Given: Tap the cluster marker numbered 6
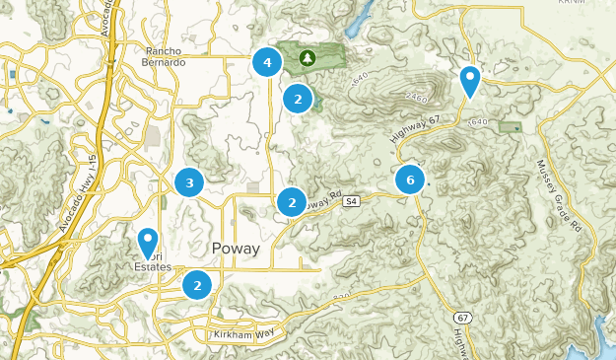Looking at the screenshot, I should (x=410, y=180).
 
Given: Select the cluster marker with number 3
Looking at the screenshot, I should (x=189, y=181).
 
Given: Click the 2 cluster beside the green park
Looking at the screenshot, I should (x=298, y=99).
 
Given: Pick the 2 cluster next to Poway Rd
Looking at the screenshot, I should (x=291, y=202).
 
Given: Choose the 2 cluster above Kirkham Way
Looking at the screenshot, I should (x=198, y=285).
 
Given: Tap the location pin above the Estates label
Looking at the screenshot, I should (x=148, y=241).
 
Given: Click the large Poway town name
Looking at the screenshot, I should (x=235, y=249).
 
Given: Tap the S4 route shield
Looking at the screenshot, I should (x=351, y=201).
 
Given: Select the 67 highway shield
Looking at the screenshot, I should (x=461, y=318).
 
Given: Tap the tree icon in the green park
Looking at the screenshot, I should (x=308, y=58).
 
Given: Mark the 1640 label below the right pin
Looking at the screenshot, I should (x=479, y=121).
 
